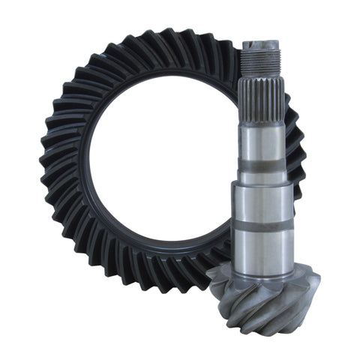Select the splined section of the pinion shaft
coord(263,94)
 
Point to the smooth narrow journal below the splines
coord(263,142)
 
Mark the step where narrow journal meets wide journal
coord(263,182)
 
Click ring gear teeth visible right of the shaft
coord(297,150)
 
